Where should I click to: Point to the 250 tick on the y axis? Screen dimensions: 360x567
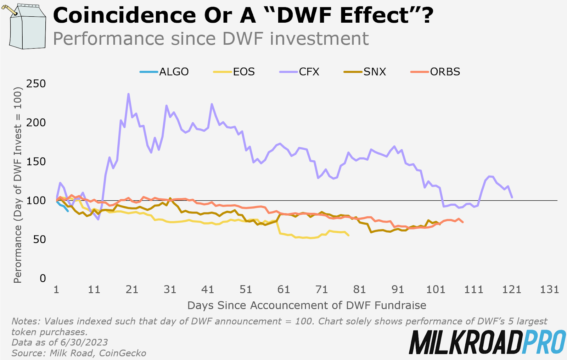point(36,84)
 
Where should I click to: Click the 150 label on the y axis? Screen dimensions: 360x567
point(36,162)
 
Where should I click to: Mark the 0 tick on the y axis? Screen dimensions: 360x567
point(43,278)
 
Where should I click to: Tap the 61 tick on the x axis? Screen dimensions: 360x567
point(283,290)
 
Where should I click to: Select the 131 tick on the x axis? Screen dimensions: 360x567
point(549,290)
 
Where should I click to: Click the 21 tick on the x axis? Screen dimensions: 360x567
point(132,290)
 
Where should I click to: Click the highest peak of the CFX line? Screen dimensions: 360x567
point(128,94)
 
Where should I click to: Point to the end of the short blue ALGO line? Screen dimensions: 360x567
point(68,211)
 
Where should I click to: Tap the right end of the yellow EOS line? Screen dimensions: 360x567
point(349,235)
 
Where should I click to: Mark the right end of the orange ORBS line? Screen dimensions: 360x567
point(463,222)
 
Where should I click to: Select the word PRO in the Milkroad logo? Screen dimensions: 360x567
point(544,342)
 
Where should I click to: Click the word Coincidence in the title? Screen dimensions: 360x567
point(124,16)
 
